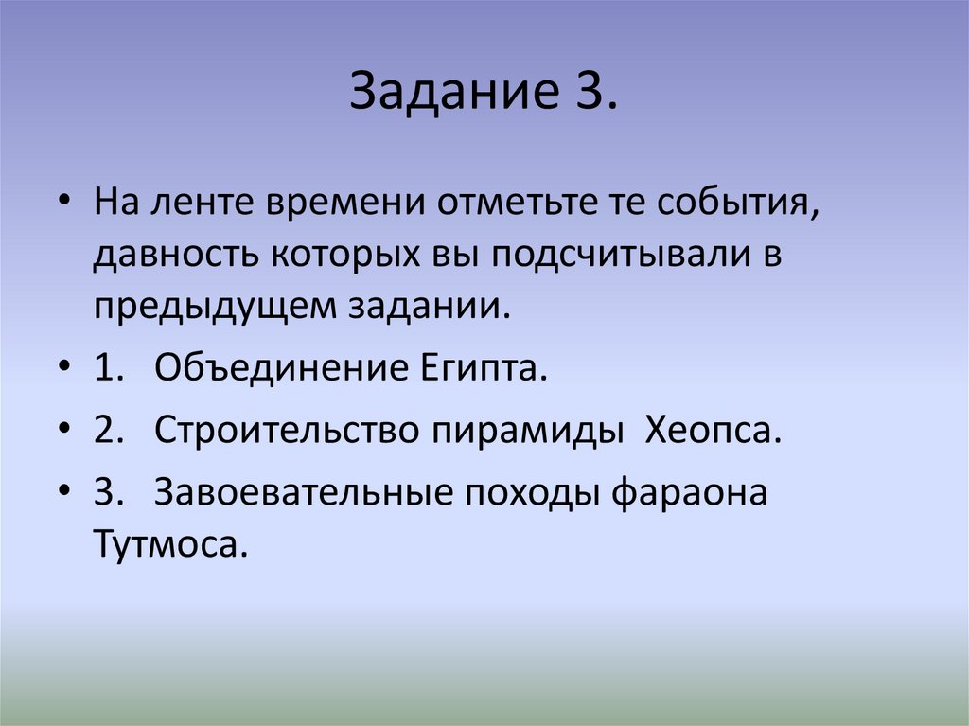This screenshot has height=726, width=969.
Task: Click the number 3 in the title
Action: tap(593, 94)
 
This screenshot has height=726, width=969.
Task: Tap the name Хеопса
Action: tap(714, 432)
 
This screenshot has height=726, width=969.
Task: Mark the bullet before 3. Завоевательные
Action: tap(62, 495)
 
